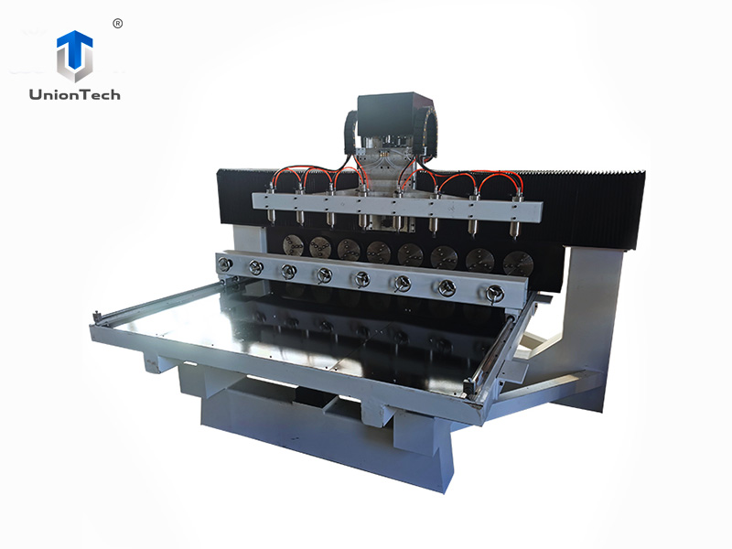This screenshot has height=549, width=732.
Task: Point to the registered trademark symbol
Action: click(x=117, y=24)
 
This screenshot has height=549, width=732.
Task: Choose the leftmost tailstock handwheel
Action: click(x=224, y=264)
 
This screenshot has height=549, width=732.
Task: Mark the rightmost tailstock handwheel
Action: click(x=495, y=294)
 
